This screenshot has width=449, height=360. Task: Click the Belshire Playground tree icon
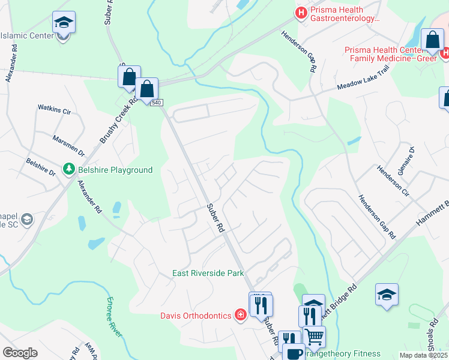click(69, 170)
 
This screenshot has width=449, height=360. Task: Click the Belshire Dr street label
click(40, 167)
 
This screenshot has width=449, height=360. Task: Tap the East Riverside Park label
click(207, 273)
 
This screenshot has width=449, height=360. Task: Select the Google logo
click(20, 353)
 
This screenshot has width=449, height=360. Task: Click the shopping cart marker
click(315, 337)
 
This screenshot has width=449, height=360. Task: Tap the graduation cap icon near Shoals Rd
click(387, 295)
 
